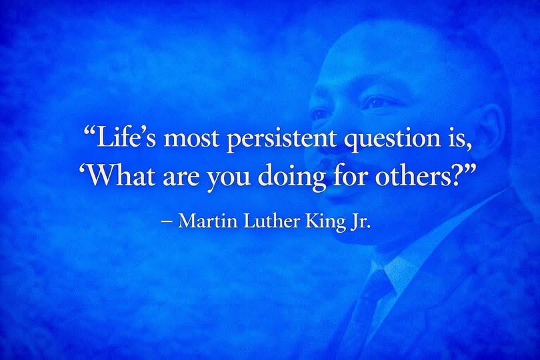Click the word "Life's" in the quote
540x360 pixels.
[121, 139]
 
